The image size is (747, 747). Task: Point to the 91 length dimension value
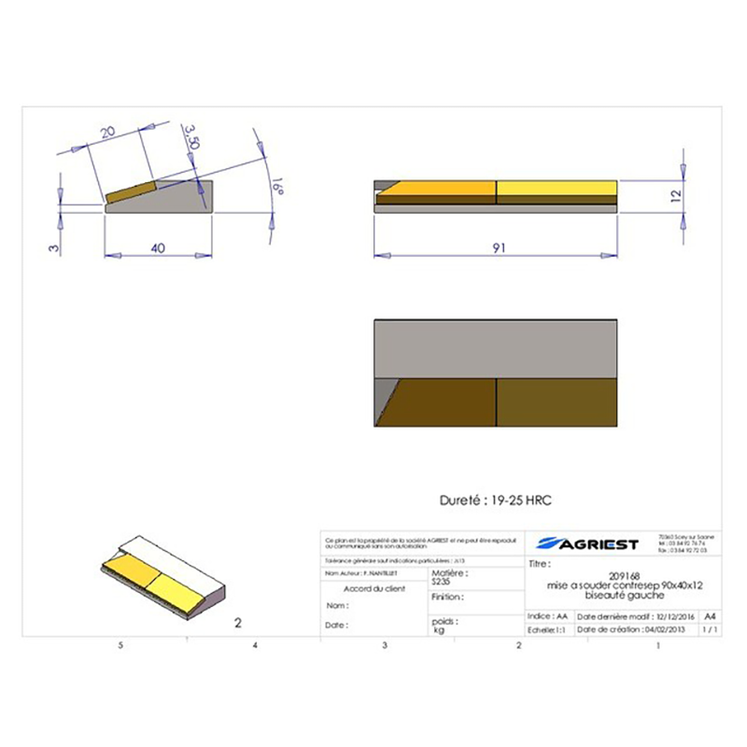tap(498, 248)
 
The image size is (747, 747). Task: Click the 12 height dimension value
tap(675, 196)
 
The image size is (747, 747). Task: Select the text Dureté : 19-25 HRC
tap(496, 500)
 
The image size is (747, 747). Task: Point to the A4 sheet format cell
tap(711, 617)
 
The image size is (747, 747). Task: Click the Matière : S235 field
tap(447, 577)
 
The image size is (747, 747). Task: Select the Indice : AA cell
tap(548, 617)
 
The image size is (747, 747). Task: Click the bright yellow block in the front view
tap(557, 190)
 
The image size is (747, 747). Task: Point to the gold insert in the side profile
tap(131, 191)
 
